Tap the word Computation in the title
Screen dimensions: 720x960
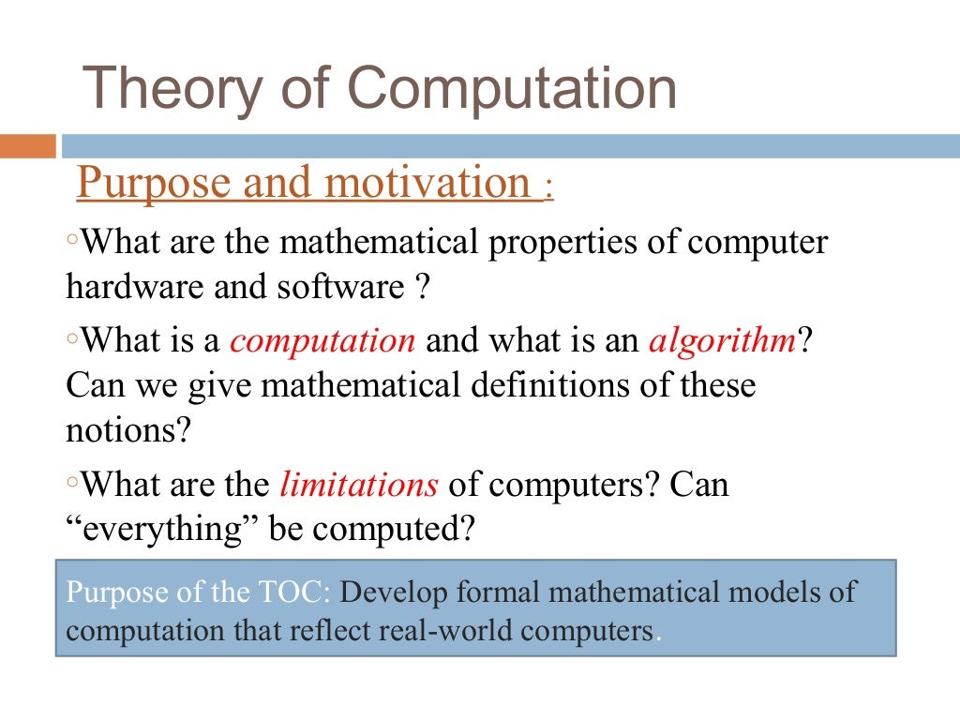512,90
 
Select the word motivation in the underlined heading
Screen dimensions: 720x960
427,182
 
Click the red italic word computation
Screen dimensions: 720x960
322,339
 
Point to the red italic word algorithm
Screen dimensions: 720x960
722,339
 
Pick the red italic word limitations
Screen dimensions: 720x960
359,485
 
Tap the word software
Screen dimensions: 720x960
339,287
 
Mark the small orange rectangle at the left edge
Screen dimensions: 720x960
28,146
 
